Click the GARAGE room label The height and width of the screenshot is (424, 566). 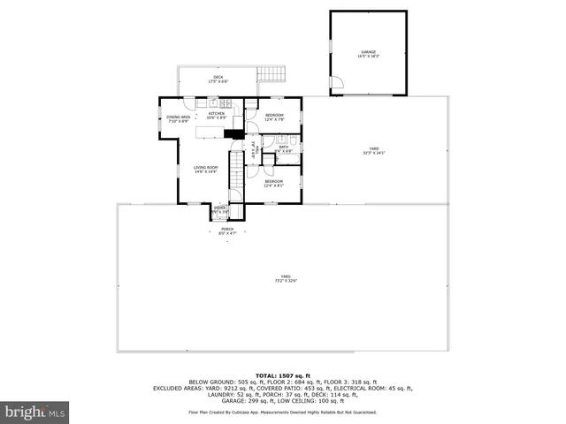[x=368, y=54]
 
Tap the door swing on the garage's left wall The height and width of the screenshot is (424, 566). [x=336, y=85]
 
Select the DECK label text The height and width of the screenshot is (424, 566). [x=218, y=79]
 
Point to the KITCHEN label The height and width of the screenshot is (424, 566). [x=217, y=115]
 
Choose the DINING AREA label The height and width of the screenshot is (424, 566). [x=179, y=119]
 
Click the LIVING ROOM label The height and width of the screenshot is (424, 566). [x=206, y=168]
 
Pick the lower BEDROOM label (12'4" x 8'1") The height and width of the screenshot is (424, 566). [x=274, y=183]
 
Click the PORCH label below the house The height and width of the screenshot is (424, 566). [x=227, y=231]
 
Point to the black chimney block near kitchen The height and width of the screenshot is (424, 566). [x=233, y=134]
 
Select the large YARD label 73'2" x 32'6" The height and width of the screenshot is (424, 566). [x=285, y=278]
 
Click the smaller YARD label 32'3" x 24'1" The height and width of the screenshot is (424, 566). [x=374, y=150]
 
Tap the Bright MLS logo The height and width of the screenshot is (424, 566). [x=35, y=412]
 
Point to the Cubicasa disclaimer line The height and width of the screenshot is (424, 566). [x=282, y=412]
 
